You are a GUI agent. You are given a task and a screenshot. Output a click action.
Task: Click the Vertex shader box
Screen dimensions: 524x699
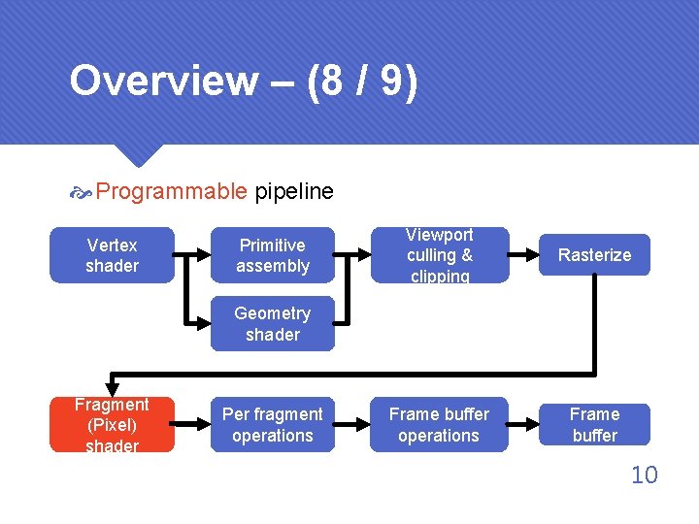tap(112, 255)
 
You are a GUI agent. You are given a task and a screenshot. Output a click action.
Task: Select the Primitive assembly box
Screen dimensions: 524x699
tap(273, 255)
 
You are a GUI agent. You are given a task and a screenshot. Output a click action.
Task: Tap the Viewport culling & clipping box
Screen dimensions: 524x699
tap(439, 255)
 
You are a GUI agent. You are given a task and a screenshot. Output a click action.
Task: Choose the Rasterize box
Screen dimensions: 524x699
tap(594, 255)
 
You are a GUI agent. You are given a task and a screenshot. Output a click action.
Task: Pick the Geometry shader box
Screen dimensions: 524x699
tap(273, 324)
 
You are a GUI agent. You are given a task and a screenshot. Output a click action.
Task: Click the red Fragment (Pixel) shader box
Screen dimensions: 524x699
tap(112, 425)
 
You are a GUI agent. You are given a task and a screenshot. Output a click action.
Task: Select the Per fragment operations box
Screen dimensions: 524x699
tap(273, 425)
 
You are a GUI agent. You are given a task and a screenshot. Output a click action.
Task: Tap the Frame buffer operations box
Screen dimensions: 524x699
tap(439, 425)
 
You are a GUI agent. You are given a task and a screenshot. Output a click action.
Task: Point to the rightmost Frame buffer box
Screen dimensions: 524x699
tap(594, 425)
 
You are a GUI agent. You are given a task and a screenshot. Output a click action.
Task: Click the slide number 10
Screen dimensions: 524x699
tap(644, 475)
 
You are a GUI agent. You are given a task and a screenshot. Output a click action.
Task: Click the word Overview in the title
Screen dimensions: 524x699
tap(163, 82)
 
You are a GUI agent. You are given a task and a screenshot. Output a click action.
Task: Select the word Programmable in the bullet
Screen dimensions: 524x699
tap(172, 191)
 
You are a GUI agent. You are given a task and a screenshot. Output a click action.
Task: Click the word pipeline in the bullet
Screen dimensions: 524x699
tap(293, 191)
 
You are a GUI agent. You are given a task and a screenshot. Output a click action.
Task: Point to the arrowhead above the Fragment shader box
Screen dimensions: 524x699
tap(112, 388)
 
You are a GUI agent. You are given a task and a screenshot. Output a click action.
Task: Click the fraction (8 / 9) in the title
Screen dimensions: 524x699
tap(362, 82)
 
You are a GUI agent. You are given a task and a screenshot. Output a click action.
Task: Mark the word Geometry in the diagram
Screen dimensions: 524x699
tap(273, 313)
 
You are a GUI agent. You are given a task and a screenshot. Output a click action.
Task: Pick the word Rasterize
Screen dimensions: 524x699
tap(594, 255)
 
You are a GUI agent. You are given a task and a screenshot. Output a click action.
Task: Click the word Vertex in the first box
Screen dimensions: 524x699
tap(112, 245)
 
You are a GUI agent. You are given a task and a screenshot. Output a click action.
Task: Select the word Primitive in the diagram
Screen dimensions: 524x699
tap(273, 245)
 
